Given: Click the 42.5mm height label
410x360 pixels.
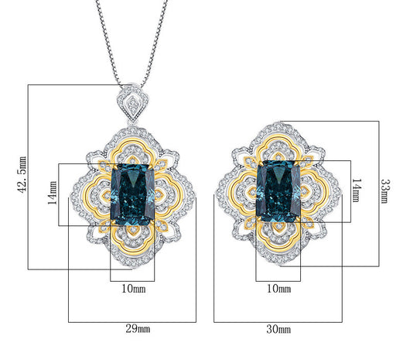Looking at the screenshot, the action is point(22,174).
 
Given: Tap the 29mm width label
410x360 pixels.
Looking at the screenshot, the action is point(138,328).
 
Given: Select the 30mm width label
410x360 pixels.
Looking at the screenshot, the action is point(278,329).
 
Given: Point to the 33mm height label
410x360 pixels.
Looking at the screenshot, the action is point(385,191).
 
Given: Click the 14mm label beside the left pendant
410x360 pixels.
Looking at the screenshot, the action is point(53,193).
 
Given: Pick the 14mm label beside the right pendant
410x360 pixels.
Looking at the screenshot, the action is point(357,190).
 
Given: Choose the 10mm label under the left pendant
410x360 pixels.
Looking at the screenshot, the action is point(134,289).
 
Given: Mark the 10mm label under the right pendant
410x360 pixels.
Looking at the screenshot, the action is point(278,289).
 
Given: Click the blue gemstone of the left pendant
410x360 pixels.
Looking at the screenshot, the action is point(133,194).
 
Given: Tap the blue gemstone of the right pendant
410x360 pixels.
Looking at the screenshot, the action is point(278,192).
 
